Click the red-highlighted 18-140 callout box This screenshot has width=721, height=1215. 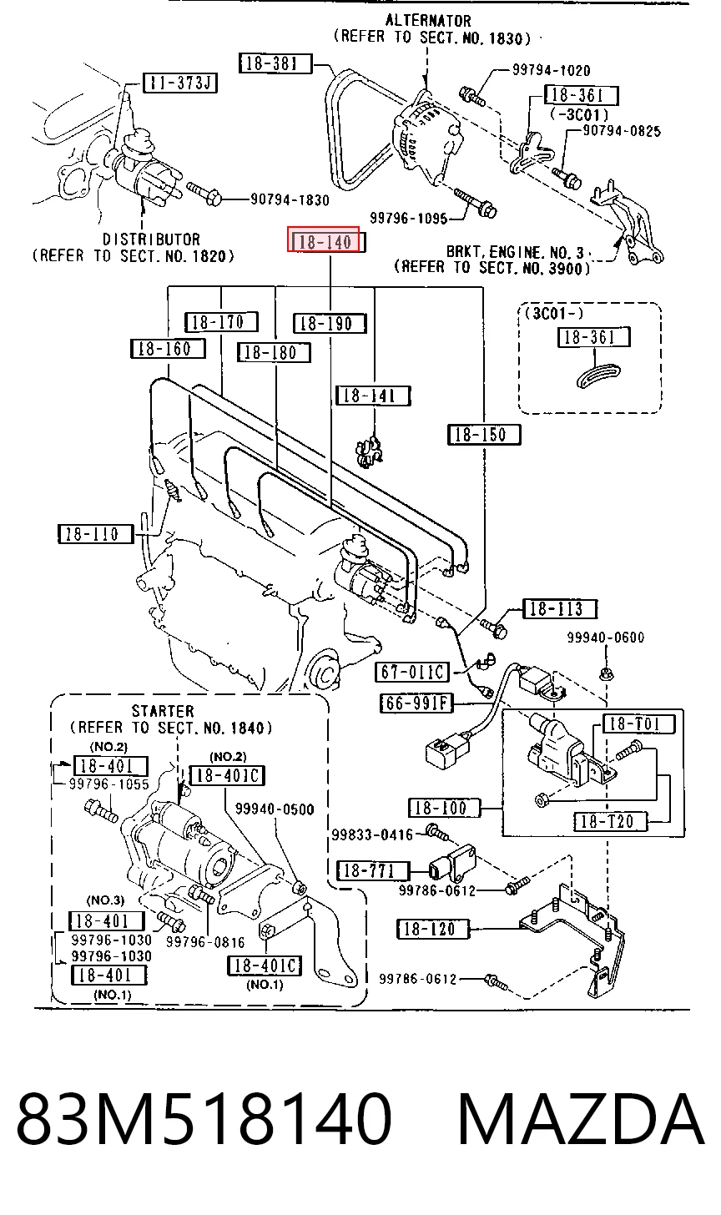pos(323,239)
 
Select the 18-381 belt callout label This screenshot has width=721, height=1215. pos(275,63)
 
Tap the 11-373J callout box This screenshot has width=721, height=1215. pos(180,83)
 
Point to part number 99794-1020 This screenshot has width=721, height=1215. pos(552,70)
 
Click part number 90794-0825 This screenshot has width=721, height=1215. pos(622,131)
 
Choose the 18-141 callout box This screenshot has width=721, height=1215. pos(373,396)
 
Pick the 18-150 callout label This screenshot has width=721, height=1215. pos(484,435)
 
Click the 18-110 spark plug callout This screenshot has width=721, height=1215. pos(95,534)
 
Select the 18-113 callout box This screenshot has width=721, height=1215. pos(560,608)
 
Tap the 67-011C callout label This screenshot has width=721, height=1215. pos(412,672)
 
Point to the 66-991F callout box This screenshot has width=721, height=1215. pos(416,703)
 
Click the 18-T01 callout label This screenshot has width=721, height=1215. pos(639,723)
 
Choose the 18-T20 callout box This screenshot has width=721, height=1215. pos(612,821)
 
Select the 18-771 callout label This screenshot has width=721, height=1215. pos(373,870)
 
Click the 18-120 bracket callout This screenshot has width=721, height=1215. pos(433,929)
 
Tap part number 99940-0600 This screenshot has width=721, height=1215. pos(606,637)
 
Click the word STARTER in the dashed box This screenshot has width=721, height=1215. pos(163,711)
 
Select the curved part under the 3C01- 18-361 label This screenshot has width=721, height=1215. pos(597,376)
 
